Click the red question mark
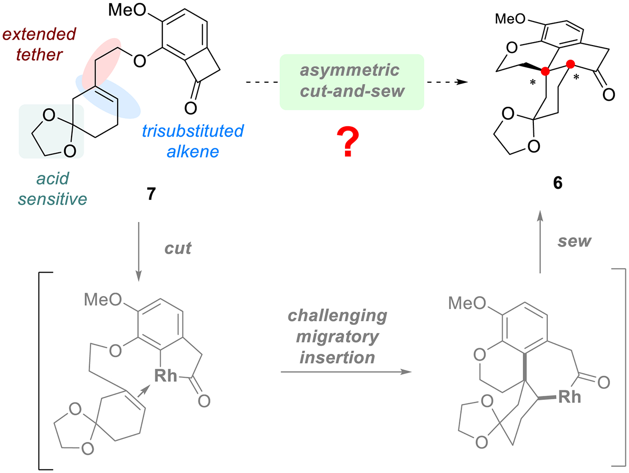click(x=351, y=141)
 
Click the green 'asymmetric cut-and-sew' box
click(x=352, y=82)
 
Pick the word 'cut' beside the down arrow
click(x=178, y=247)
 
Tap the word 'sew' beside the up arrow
click(x=575, y=241)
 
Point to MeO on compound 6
click(x=510, y=19)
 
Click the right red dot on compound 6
click(x=570, y=64)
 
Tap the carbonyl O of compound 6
click(x=608, y=94)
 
